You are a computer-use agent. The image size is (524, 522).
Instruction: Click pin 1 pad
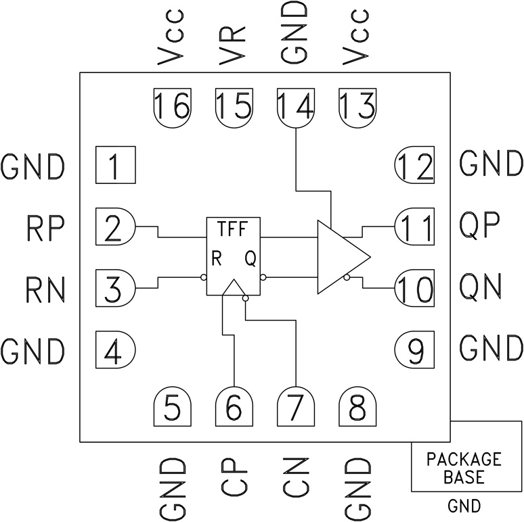point(116,165)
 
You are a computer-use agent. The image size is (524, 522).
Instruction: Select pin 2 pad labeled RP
point(116,227)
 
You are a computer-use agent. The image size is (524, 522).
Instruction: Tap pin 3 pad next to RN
point(116,288)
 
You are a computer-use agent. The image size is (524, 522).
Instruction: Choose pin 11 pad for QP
point(414,227)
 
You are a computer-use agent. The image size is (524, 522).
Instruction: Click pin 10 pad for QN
point(414,288)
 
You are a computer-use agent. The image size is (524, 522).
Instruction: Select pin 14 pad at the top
point(296,106)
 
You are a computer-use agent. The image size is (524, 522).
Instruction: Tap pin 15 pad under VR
point(234,106)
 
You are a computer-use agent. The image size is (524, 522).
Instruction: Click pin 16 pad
point(172,106)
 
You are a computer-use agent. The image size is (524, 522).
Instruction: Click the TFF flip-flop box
point(234,256)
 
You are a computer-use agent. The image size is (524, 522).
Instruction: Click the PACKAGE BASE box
point(464,467)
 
